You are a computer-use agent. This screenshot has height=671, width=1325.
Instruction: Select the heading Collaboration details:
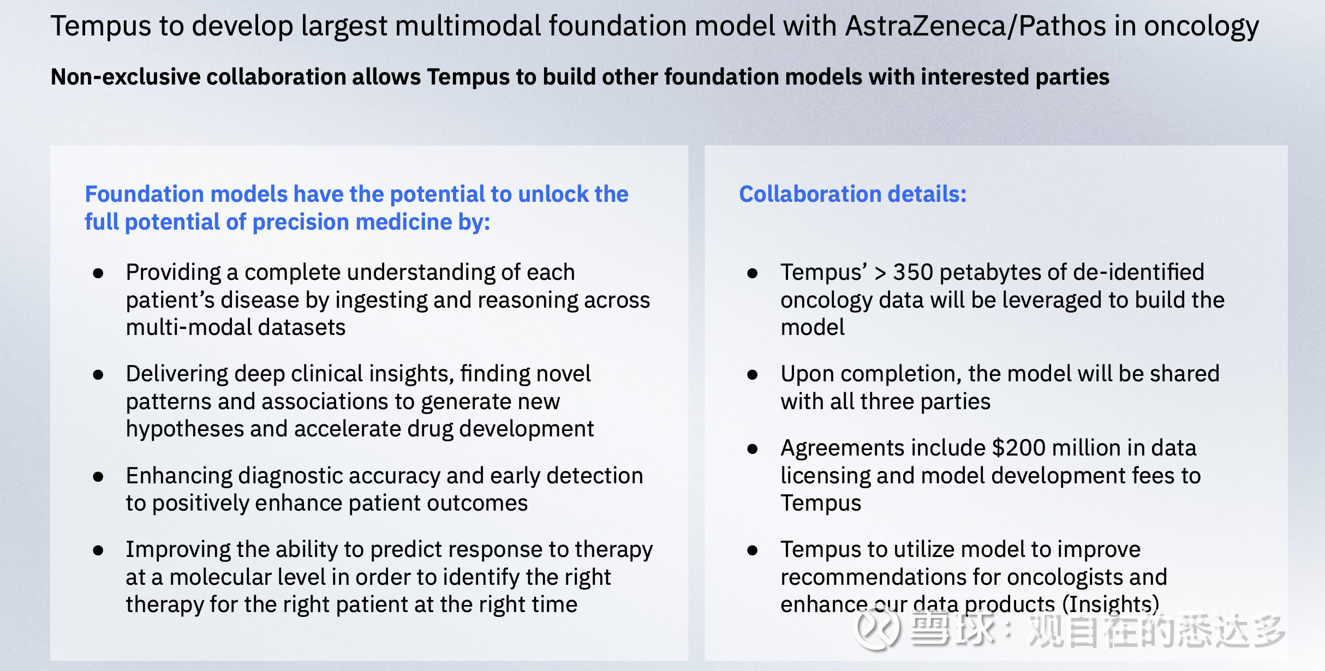pyautogui.click(x=852, y=194)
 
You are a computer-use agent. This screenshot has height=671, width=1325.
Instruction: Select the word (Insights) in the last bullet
pyautogui.click(x=1111, y=605)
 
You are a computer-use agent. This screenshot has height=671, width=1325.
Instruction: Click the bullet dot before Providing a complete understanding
pyautogui.click(x=98, y=273)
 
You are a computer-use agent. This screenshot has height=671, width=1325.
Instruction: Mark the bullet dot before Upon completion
pyautogui.click(x=753, y=375)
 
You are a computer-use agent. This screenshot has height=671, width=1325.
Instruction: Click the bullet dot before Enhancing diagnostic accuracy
pyautogui.click(x=98, y=477)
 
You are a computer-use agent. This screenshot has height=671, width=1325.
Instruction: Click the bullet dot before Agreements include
pyautogui.click(x=753, y=449)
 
